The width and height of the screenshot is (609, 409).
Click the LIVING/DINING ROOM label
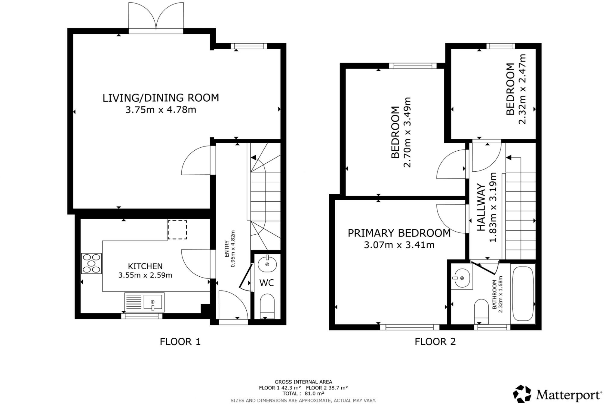click(161, 98)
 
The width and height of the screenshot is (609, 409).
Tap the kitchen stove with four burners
click(91, 263)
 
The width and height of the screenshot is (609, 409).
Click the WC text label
click(266, 283)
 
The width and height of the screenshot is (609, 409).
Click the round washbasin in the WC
click(267, 264)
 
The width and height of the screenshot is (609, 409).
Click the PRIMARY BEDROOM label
click(399, 233)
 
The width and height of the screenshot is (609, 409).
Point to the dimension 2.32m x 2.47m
click(522, 89)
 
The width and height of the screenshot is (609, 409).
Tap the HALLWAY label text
click(481, 208)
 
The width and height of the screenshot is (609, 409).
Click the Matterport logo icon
click(522, 394)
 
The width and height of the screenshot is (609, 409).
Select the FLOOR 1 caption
click(180, 342)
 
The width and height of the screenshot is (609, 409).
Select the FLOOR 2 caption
click(435, 342)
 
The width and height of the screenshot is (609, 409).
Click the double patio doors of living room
click(156, 17)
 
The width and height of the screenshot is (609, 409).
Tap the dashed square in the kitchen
click(177, 230)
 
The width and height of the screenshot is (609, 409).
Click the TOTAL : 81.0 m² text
click(303, 393)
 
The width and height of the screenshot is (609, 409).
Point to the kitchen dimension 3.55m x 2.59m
click(145, 275)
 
